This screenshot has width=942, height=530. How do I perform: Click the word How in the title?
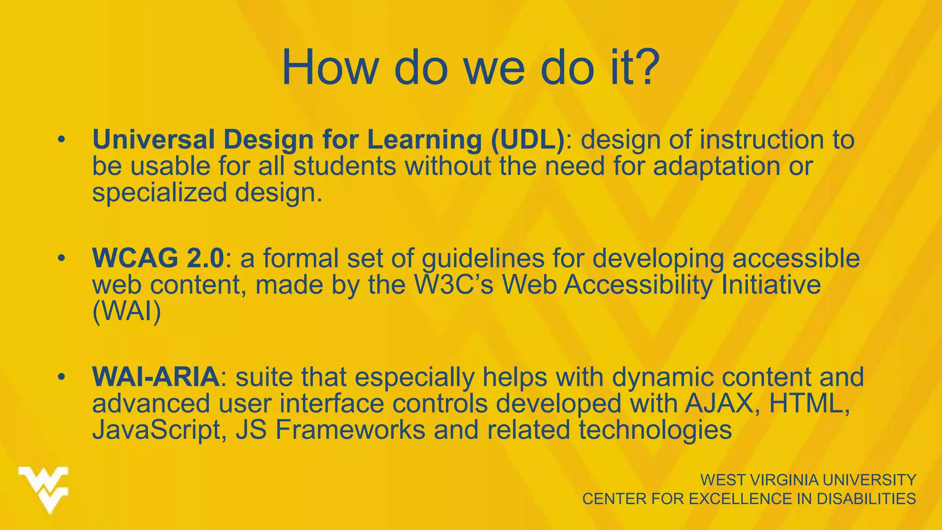329,68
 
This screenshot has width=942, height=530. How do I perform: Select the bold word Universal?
153,139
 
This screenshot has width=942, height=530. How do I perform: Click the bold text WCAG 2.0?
158,258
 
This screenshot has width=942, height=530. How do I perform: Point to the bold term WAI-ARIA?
155,377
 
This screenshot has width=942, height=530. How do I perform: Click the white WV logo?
44,490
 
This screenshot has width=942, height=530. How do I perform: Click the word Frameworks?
350,430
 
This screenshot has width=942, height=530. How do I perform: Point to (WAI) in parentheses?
126,312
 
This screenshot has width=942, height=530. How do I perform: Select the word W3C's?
454,285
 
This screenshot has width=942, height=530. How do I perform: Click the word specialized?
159,192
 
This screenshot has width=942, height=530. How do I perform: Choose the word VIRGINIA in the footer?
783,480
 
